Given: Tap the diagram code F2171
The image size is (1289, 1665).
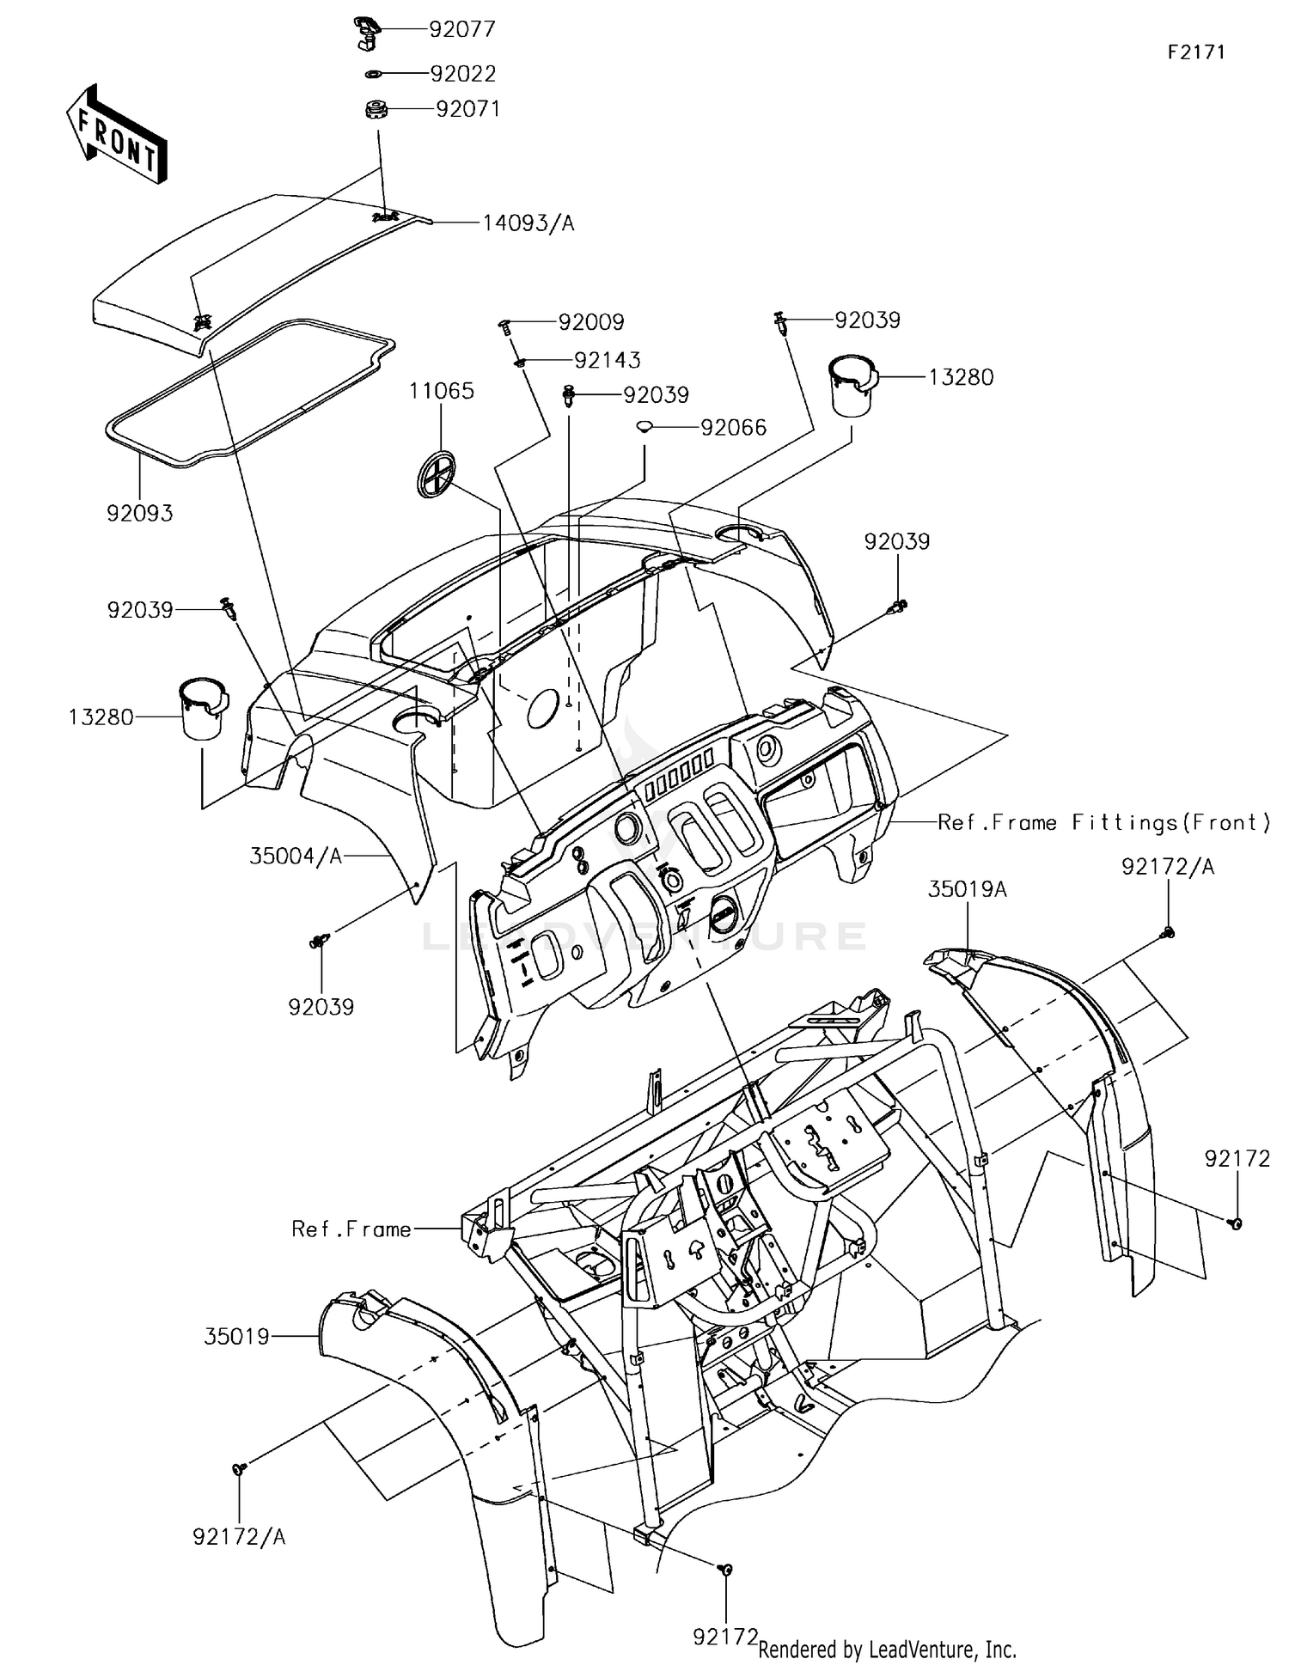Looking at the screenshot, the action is pyautogui.click(x=1195, y=52).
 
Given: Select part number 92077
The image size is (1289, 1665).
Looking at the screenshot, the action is pyautogui.click(x=462, y=29).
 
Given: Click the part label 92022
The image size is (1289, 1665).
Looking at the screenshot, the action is pyautogui.click(x=463, y=74).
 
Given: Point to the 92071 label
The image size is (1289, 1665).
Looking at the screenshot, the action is pyautogui.click(x=467, y=109).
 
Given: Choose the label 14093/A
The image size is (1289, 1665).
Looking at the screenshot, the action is pyautogui.click(x=528, y=223).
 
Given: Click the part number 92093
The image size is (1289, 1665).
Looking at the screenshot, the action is pyautogui.click(x=140, y=513).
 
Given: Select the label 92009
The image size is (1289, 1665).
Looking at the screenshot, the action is pyautogui.click(x=591, y=322).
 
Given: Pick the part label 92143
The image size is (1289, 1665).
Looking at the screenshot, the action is pyautogui.click(x=608, y=360).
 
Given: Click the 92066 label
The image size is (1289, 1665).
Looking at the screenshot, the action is pyautogui.click(x=733, y=428).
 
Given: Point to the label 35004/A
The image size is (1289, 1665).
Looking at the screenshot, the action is pyautogui.click(x=296, y=856).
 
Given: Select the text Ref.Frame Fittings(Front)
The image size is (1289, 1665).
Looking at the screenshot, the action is pyautogui.click(x=1104, y=822).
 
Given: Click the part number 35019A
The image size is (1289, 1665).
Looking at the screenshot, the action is pyautogui.click(x=967, y=889).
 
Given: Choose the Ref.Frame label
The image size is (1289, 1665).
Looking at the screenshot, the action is pyautogui.click(x=351, y=1229).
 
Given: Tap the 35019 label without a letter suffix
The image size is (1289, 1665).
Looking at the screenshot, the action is pyautogui.click(x=237, y=1337).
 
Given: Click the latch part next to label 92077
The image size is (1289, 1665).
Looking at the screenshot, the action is pyautogui.click(x=367, y=32).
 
